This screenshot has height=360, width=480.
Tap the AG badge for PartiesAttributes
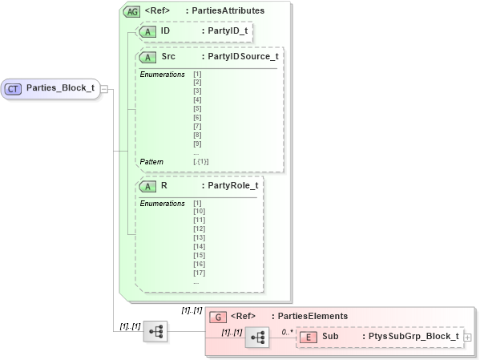[x=131, y=11]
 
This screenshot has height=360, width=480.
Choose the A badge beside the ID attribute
[x=147, y=31]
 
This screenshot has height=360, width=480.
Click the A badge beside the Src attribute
[x=147, y=58]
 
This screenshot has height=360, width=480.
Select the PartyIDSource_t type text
[x=243, y=58]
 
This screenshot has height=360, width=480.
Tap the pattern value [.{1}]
[x=201, y=162]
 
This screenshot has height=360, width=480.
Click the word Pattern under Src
[x=151, y=162]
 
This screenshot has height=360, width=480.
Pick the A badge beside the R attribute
[x=147, y=186]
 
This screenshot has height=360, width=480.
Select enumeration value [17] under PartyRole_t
[x=200, y=273]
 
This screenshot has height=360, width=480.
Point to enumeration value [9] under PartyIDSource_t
[x=197, y=144]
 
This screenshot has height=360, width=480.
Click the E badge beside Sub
[x=306, y=338]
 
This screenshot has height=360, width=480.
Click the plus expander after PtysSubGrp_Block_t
[x=468, y=338]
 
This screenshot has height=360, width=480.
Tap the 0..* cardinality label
[x=288, y=330]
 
